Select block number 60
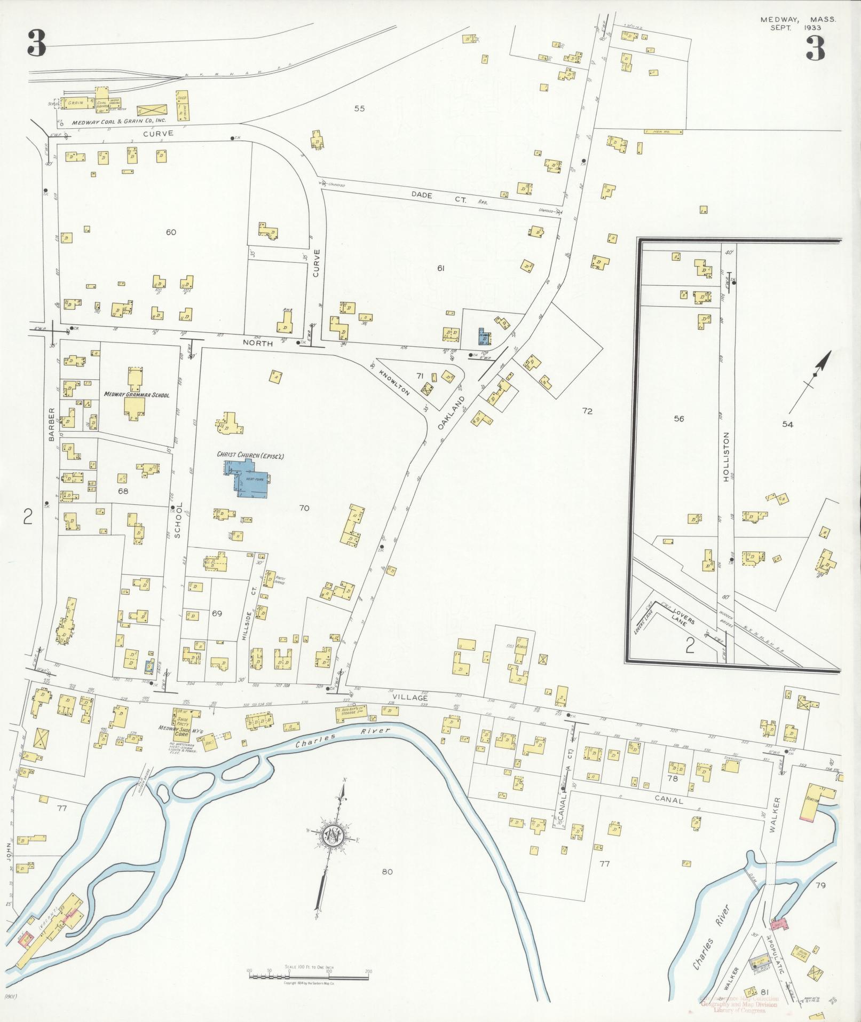[171, 232]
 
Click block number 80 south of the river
[388, 872]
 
